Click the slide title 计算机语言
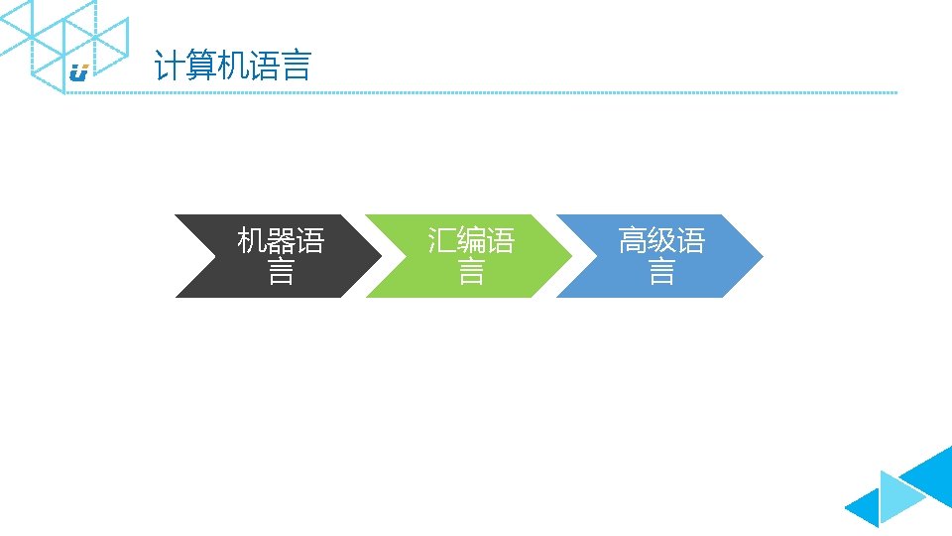[232, 67]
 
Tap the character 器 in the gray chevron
[281, 240]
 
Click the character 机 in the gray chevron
[252, 240]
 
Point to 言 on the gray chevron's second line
[281, 271]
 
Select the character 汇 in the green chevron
[442, 240]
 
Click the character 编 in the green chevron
[471, 240]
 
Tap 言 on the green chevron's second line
[471, 271]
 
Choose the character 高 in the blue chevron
[633, 240]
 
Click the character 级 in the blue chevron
[661, 240]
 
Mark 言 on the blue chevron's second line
[661, 271]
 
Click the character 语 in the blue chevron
[690, 240]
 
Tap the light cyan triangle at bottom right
[897, 495]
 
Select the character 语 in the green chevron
[500, 240]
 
